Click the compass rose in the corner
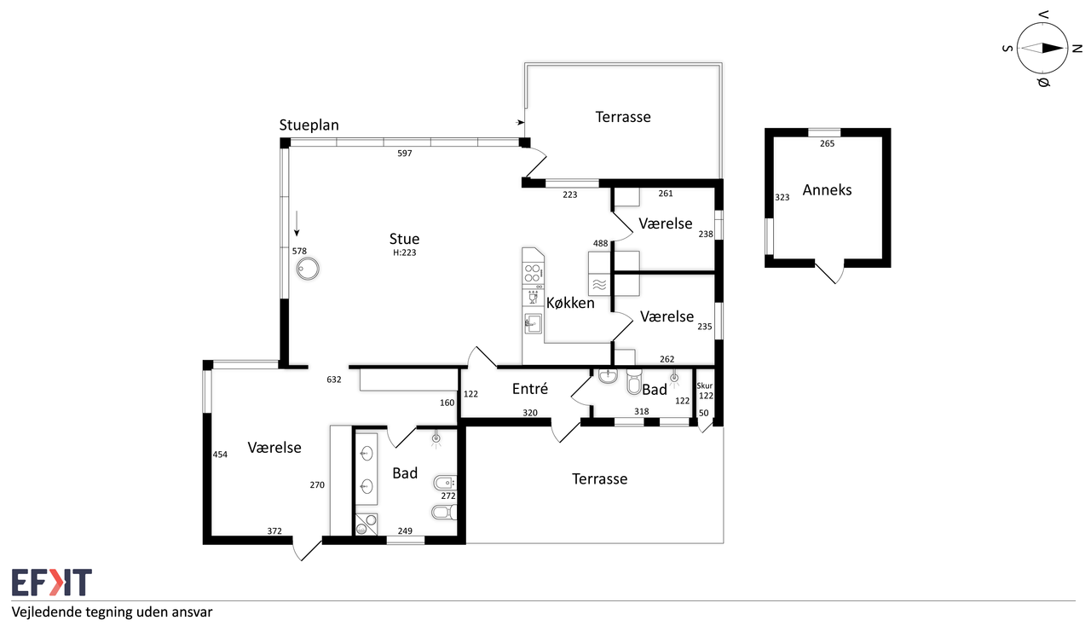coord(1042,49)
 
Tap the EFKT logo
coord(52,583)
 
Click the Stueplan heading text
coord(309,125)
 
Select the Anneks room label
coord(827,189)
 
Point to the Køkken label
coord(570,303)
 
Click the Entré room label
coord(530,389)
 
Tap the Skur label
coord(704,385)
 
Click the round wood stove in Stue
coord(308,269)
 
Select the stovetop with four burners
coord(533,273)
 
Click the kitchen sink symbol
coord(533,323)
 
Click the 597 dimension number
coord(404,154)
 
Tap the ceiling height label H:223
coord(404,252)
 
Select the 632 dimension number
coord(333,380)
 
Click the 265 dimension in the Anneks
coord(827,143)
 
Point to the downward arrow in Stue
coord(296,223)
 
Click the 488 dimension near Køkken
coord(600,243)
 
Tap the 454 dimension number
coord(220,455)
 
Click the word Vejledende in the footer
coord(46,613)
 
